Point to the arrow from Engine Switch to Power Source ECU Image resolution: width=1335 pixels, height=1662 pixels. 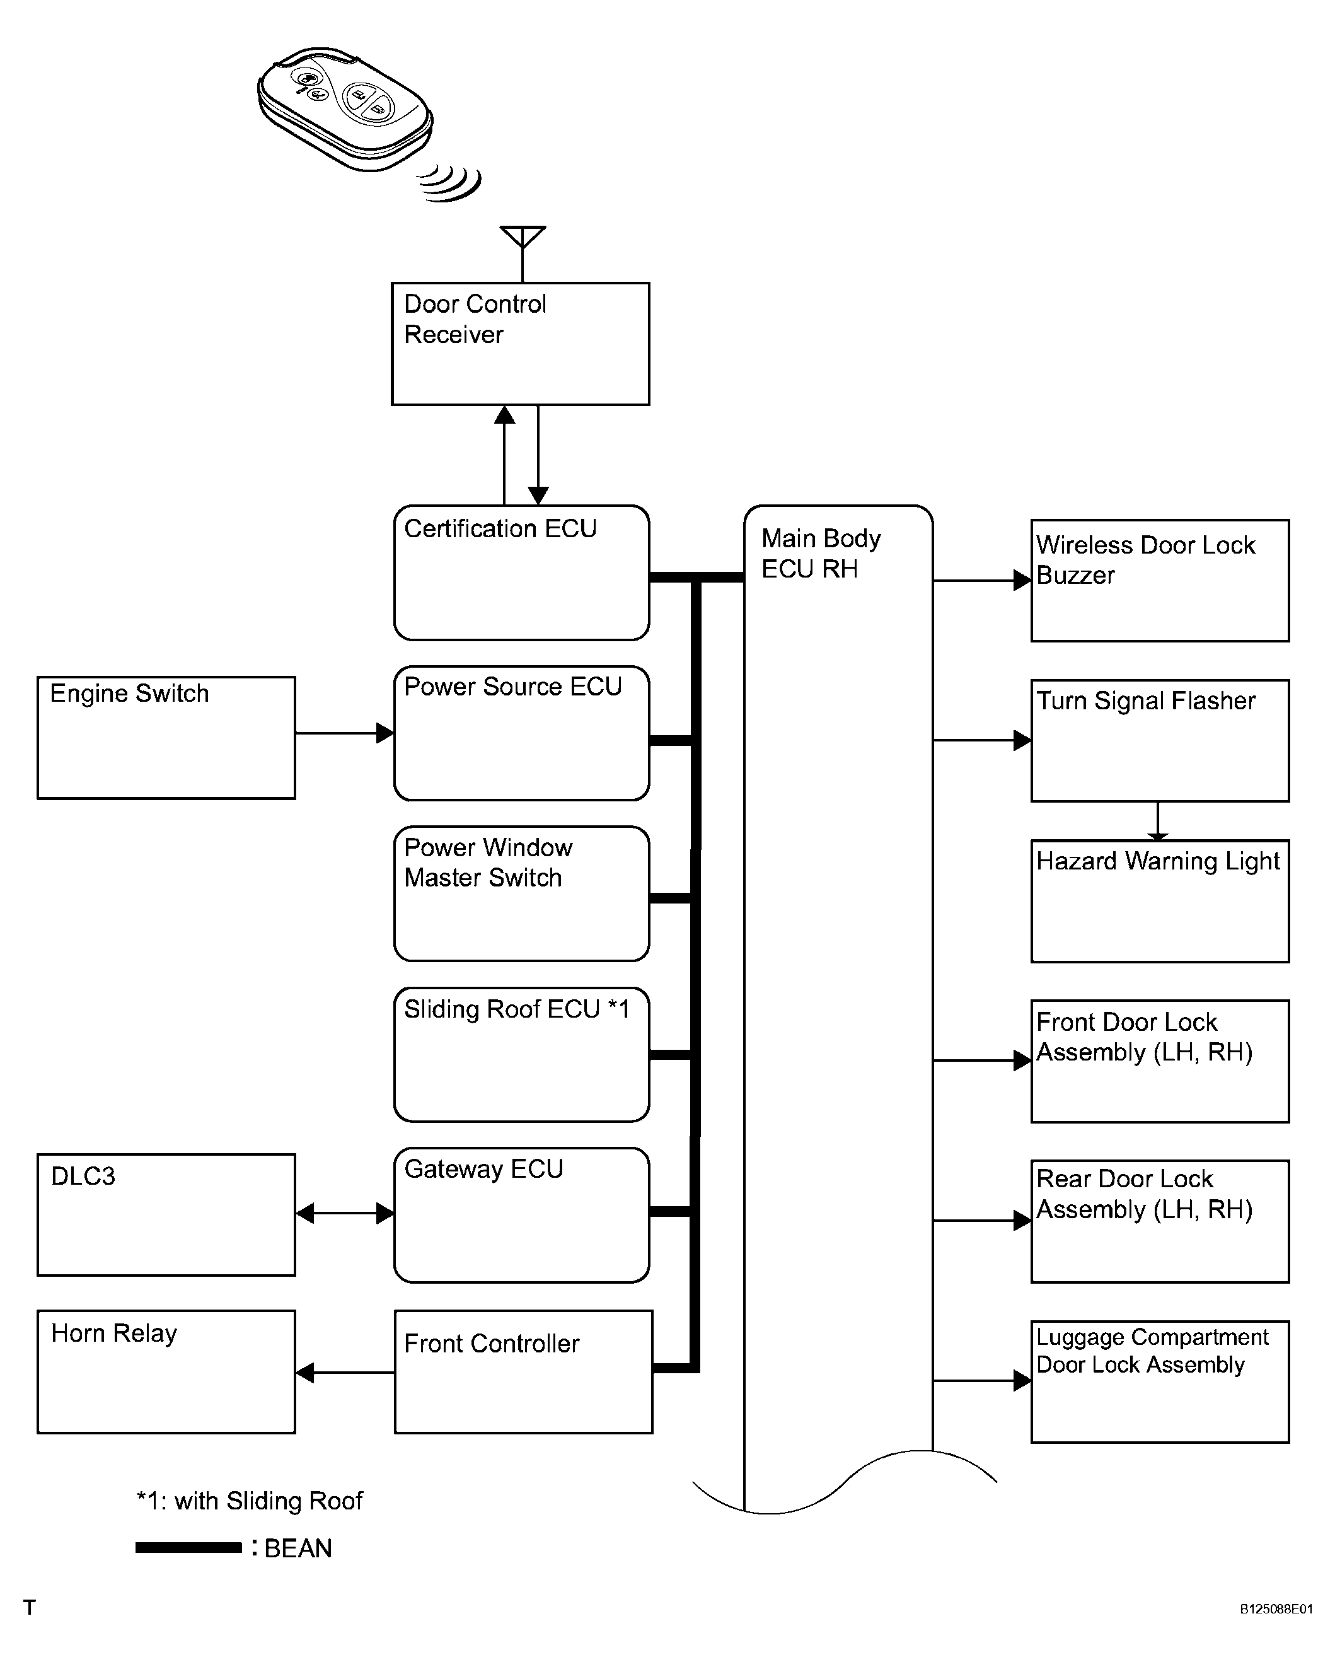tap(345, 733)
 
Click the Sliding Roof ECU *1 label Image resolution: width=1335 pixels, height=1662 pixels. tap(516, 1009)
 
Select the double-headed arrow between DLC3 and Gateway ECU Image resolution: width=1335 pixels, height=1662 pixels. tap(345, 1213)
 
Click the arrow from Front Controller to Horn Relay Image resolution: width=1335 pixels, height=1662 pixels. tap(345, 1372)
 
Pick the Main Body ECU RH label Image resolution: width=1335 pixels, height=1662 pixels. tap(821, 554)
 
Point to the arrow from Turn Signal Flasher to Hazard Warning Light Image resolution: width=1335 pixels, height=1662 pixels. tap(1158, 821)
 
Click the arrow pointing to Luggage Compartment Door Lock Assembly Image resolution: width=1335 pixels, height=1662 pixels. tap(982, 1381)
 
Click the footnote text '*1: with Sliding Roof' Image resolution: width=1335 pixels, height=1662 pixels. tap(249, 1500)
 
